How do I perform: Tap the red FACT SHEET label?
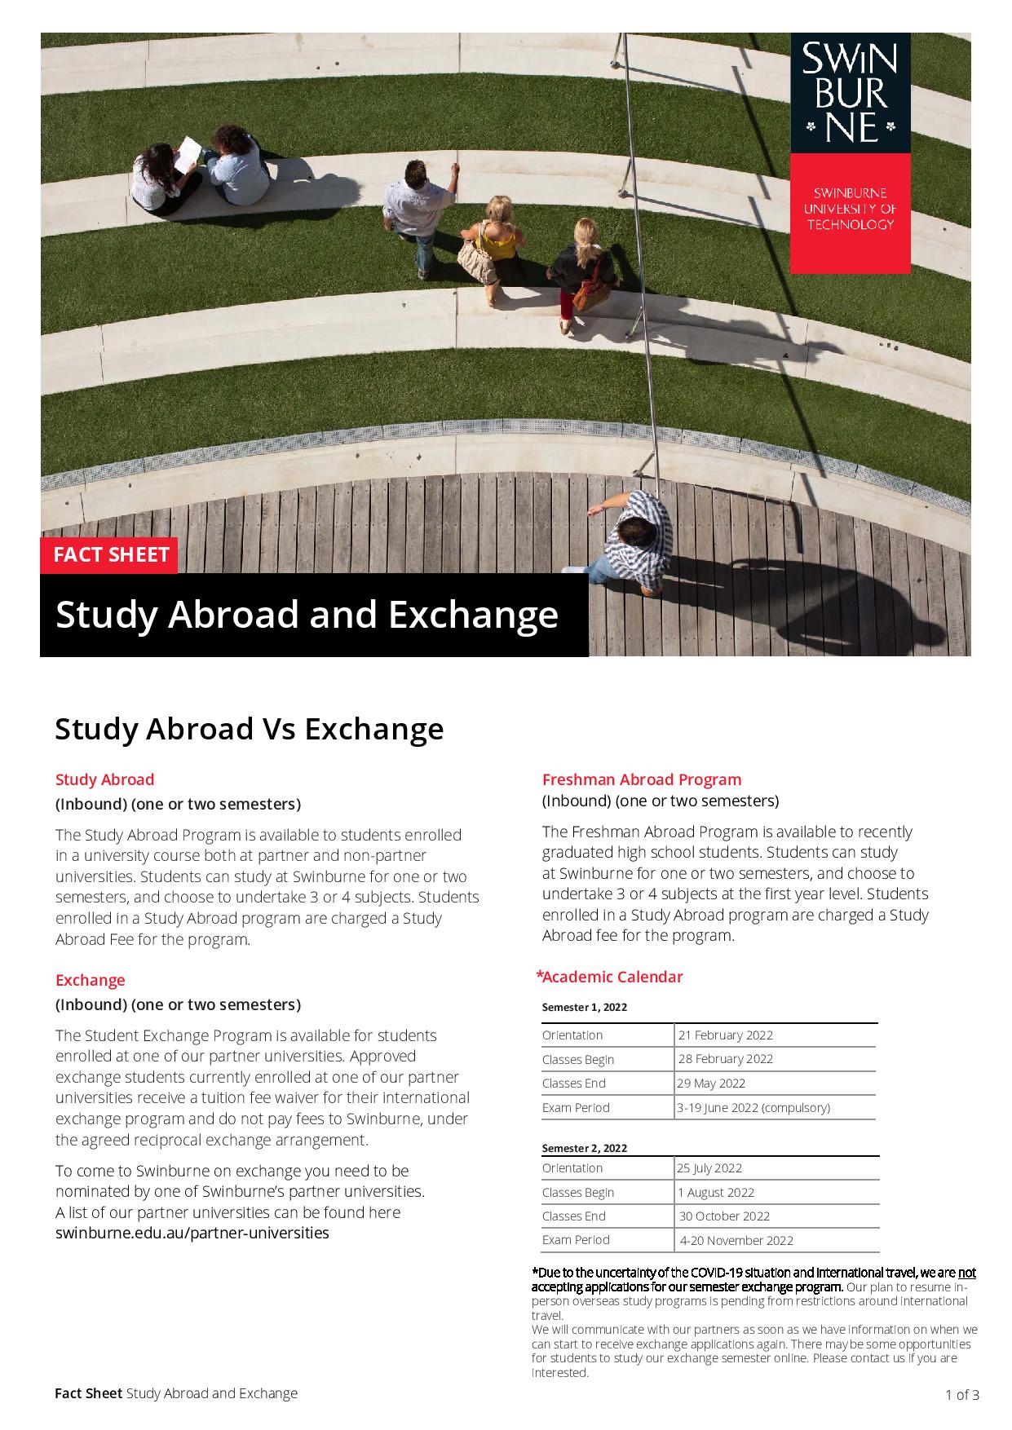click(x=110, y=555)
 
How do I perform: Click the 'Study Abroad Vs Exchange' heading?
click(x=249, y=728)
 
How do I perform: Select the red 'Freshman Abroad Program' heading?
click(x=642, y=779)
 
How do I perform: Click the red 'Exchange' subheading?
click(x=91, y=980)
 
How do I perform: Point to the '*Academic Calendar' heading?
click(x=609, y=977)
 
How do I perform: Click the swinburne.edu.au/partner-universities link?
click(x=192, y=1233)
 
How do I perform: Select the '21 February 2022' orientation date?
click(x=725, y=1035)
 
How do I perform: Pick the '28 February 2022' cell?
click(x=725, y=1059)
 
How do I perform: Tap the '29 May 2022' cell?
click(x=711, y=1084)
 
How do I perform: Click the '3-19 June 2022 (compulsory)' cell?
click(x=753, y=1108)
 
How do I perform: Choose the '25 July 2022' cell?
click(x=709, y=1168)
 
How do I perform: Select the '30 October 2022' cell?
click(x=724, y=1216)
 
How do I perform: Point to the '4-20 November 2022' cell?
click(x=736, y=1241)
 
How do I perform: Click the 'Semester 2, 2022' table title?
click(x=585, y=1148)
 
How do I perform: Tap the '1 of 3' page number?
click(x=962, y=1395)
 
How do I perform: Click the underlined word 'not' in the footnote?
click(x=966, y=1273)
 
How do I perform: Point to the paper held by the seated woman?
click(x=188, y=152)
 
